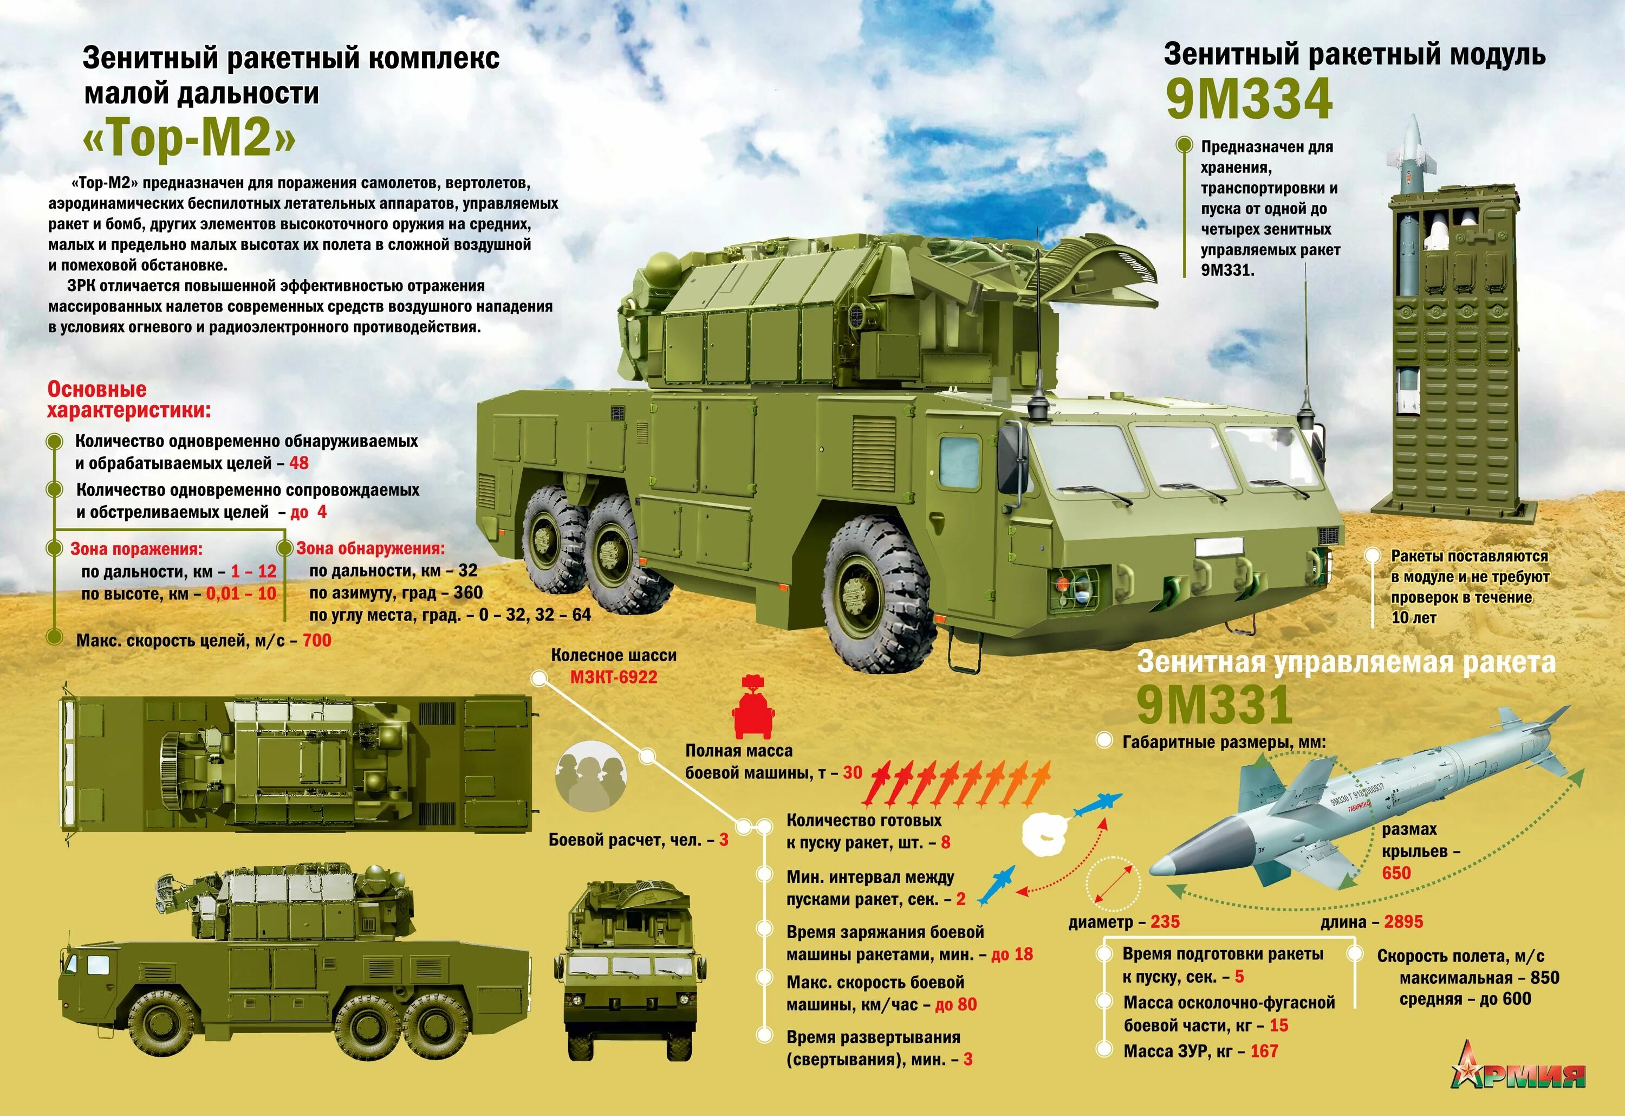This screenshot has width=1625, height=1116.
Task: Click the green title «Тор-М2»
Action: (189, 137)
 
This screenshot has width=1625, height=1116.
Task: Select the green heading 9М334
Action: (1249, 99)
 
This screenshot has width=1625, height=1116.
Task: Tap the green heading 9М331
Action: (1214, 705)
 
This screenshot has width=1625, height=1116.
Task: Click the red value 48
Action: (298, 463)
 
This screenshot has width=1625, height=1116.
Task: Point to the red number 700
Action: (317, 640)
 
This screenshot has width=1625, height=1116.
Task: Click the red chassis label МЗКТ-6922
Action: (613, 678)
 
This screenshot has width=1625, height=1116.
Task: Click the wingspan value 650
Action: (1396, 873)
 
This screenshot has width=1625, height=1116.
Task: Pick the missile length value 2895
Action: (1403, 922)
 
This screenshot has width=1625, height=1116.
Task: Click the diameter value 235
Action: (1164, 922)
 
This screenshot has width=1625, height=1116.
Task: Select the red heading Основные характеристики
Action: (129, 399)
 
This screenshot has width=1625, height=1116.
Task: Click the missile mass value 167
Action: (1264, 1051)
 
